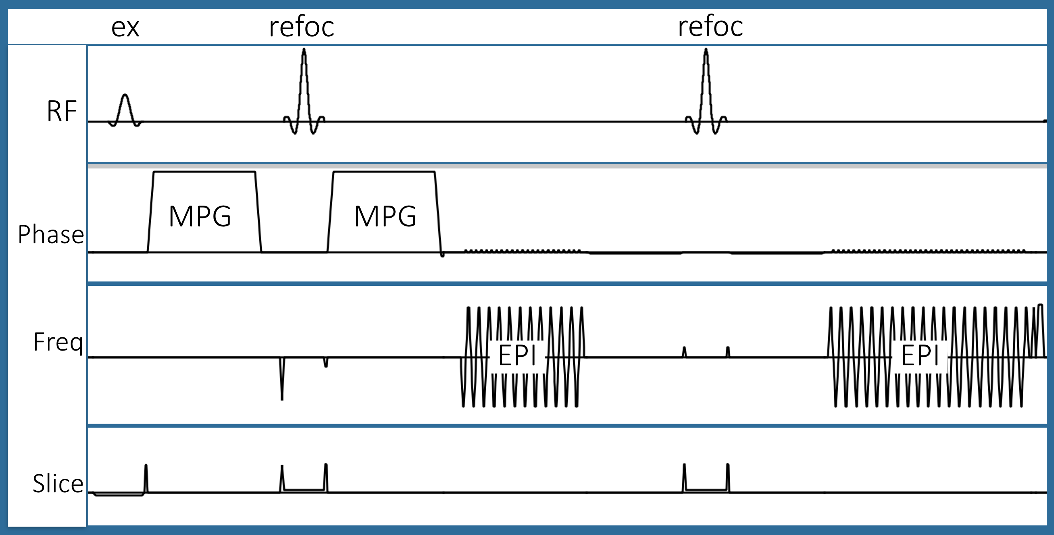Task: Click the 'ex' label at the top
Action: click(x=125, y=28)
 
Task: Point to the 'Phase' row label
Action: click(x=51, y=234)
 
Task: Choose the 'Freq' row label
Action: click(x=58, y=342)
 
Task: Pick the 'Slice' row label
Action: click(x=58, y=483)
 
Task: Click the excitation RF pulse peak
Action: click(x=125, y=95)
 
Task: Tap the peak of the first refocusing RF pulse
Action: click(x=304, y=50)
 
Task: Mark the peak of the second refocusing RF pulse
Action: click(x=706, y=50)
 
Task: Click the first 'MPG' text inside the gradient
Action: click(x=200, y=216)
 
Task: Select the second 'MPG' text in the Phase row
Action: click(x=385, y=216)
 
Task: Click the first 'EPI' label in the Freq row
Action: click(x=517, y=355)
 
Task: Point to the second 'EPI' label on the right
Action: click(x=920, y=355)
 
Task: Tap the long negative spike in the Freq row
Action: click(x=282, y=378)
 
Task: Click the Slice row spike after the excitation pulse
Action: click(x=146, y=479)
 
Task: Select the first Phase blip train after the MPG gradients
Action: click(x=523, y=250)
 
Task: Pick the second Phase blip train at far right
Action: click(x=928, y=250)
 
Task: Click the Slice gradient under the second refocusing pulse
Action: click(x=706, y=489)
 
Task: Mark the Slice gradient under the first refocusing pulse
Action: click(x=304, y=489)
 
